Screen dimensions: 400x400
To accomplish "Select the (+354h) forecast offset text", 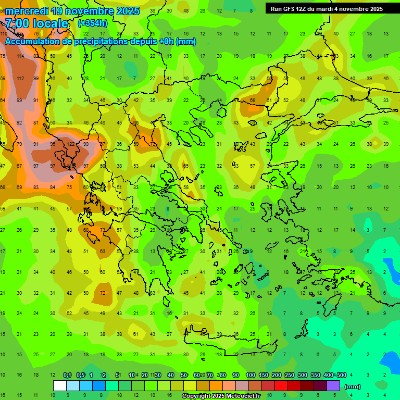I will (94, 23).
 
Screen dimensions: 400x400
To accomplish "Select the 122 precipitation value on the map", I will (69, 144).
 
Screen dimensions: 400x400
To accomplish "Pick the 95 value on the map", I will (53, 144).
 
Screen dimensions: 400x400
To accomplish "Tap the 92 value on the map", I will (20, 122).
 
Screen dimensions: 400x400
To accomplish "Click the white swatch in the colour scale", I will (60, 386).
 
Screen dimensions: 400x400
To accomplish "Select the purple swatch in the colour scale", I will (333, 386).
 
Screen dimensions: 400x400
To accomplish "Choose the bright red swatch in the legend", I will (281, 386).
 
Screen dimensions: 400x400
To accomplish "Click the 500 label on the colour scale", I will (341, 375).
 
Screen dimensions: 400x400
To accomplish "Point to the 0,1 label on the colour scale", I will (67, 375).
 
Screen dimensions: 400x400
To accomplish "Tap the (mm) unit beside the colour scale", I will (353, 386).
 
